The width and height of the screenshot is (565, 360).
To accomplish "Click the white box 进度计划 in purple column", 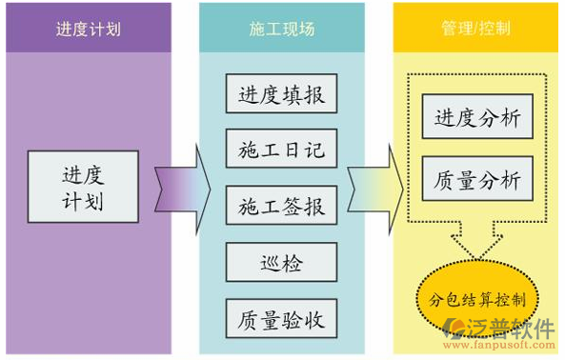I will pos(82,189).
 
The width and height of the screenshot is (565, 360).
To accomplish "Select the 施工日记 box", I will pos(281,150).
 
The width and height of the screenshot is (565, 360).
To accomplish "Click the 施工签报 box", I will pos(281,205).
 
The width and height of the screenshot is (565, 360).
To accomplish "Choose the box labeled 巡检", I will pos(281,260).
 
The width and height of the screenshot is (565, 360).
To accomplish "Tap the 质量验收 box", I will pos(281,319).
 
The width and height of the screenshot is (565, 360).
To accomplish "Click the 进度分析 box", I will pos(477,119).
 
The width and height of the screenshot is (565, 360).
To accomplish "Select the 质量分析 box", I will pos(477,178).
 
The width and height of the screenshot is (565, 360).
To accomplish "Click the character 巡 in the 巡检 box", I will pos(270,260).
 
